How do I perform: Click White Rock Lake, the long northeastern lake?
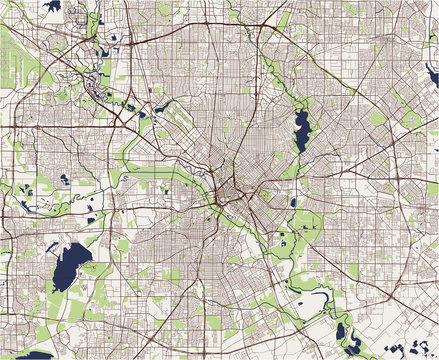click(x=301, y=131)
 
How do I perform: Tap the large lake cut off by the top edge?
click(x=52, y=6)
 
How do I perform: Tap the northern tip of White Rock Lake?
click(x=303, y=110)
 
